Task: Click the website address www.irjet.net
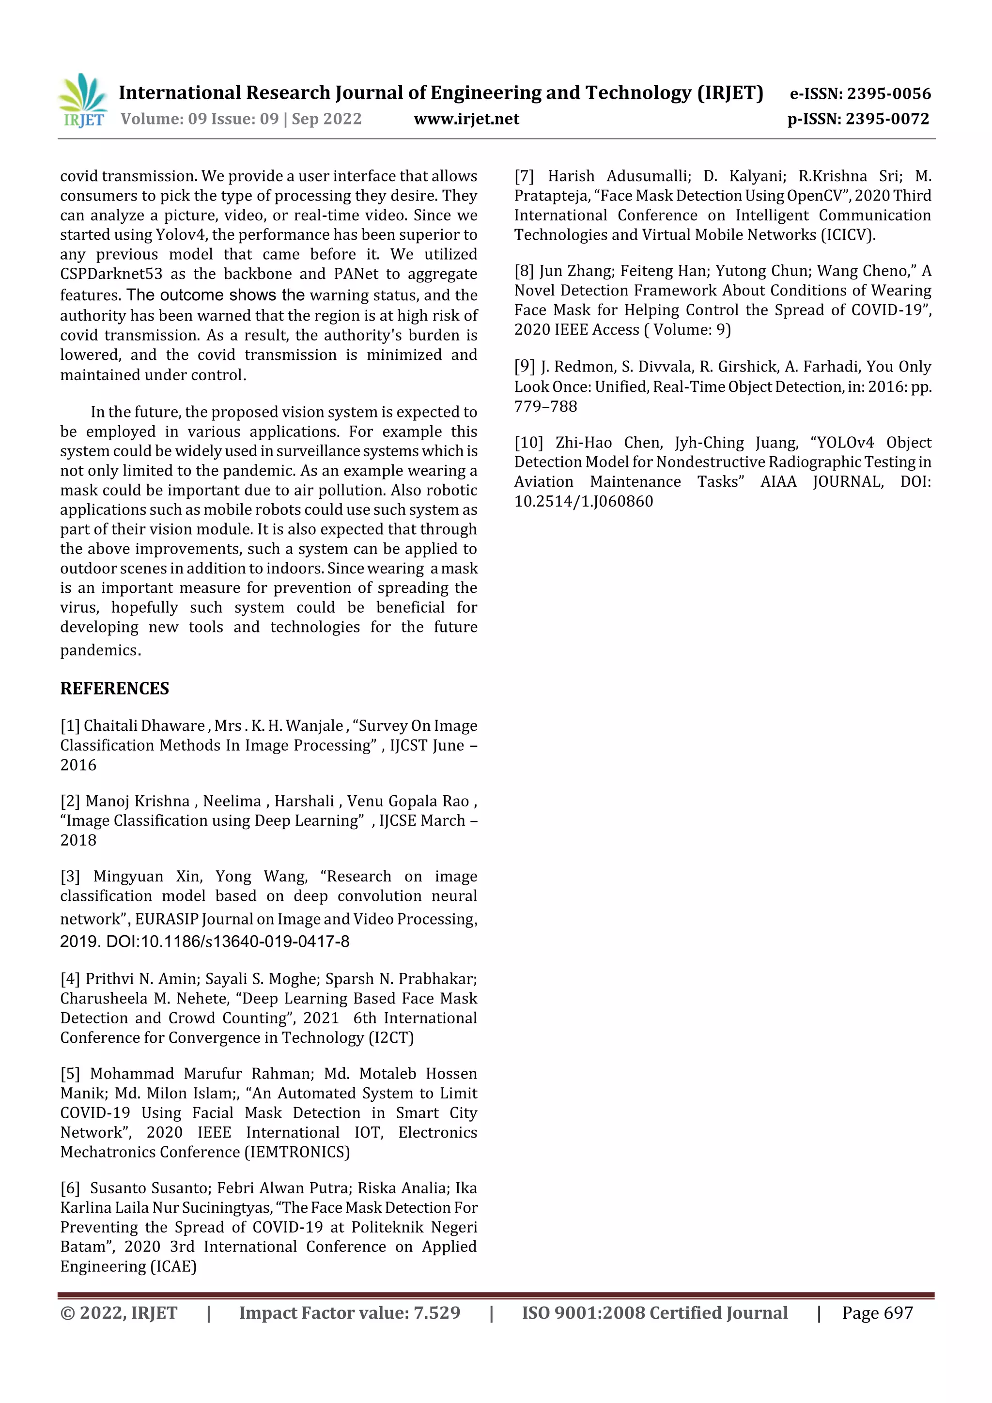tap(466, 119)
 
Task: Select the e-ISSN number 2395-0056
tap(888, 93)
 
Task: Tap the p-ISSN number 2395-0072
tap(887, 119)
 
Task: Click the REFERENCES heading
tap(114, 688)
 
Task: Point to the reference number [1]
tap(70, 725)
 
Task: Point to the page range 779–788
tap(545, 406)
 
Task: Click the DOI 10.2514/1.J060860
tap(583, 501)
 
